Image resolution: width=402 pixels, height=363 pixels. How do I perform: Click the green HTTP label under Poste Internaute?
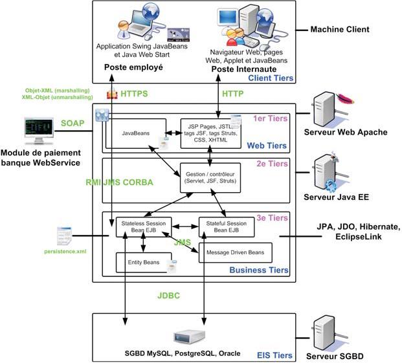coord(233,94)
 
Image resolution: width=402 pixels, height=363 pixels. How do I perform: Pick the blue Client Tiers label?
coord(270,78)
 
